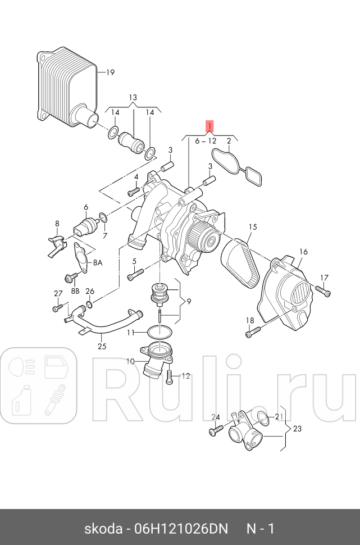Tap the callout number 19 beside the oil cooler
110,72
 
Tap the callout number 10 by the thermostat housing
130,361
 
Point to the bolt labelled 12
170,378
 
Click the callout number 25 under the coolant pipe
101,346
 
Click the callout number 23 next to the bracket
297,429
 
